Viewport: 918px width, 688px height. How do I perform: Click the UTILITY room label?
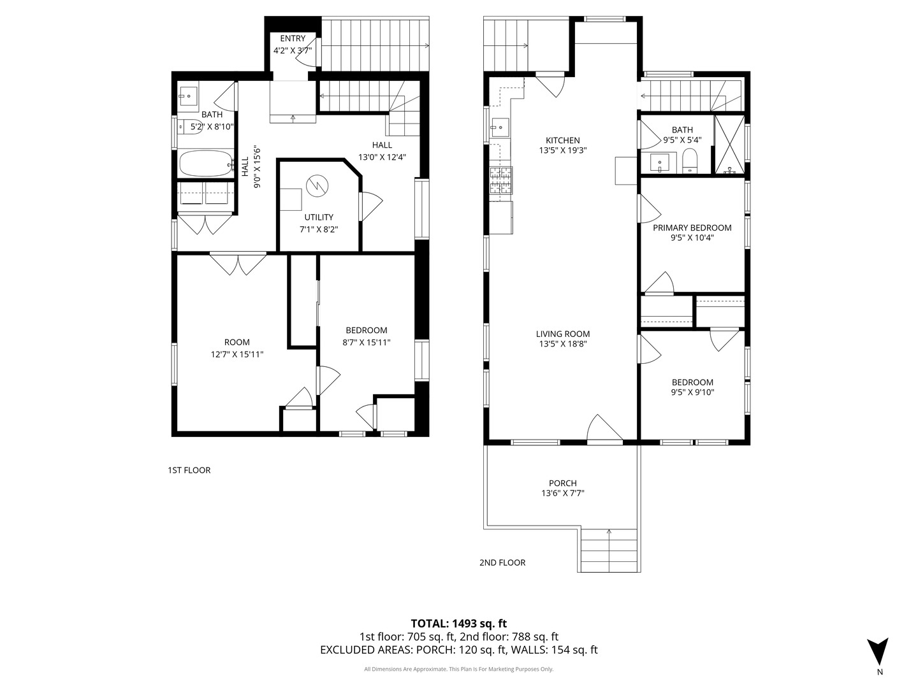click(318, 217)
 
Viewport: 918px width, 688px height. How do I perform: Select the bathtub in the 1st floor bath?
click(205, 164)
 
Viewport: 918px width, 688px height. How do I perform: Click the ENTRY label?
click(293, 39)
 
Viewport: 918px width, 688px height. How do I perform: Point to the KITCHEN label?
click(562, 141)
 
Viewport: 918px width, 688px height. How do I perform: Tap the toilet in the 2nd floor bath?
click(690, 161)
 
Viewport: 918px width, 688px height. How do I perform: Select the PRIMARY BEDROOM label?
click(692, 227)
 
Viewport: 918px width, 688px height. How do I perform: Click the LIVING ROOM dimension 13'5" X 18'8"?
click(562, 344)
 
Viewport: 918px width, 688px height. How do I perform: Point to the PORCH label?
click(562, 483)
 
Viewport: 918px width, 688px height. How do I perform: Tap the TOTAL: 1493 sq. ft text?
click(458, 623)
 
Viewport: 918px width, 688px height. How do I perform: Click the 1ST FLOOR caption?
click(189, 470)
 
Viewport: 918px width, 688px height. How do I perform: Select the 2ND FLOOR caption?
click(502, 563)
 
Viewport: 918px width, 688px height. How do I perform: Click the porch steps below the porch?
click(609, 550)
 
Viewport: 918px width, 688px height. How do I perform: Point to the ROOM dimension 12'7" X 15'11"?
click(237, 354)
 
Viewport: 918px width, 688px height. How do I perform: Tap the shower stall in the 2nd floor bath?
click(729, 145)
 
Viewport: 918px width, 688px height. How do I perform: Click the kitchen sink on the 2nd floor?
click(500, 127)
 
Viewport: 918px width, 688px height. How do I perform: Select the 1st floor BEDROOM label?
click(366, 330)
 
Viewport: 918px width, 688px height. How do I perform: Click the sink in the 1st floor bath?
click(188, 97)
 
